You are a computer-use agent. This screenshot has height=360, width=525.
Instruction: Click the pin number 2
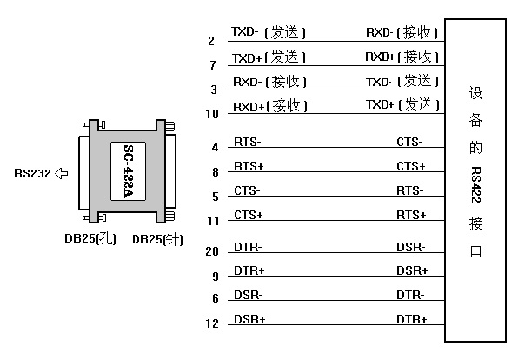pyautogui.click(x=211, y=41)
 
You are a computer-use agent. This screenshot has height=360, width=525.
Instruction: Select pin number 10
pyautogui.click(x=211, y=114)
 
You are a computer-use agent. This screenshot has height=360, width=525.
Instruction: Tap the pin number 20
pyautogui.click(x=212, y=252)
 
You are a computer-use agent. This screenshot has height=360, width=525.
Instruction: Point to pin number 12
pyautogui.click(x=212, y=324)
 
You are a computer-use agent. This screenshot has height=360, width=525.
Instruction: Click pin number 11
pyautogui.click(x=212, y=221)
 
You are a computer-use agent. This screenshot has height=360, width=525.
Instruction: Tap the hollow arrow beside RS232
pyautogui.click(x=61, y=173)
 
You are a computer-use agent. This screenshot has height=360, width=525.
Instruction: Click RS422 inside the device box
pyautogui.click(x=476, y=179)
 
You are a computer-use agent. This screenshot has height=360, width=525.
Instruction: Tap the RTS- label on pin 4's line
pyautogui.click(x=248, y=142)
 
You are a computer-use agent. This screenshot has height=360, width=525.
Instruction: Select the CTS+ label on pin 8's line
pyautogui.click(x=410, y=166)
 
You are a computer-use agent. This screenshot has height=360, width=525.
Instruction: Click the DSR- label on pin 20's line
pyautogui.click(x=410, y=248)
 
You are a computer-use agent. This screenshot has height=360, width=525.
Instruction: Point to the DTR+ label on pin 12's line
pyautogui.click(x=411, y=319)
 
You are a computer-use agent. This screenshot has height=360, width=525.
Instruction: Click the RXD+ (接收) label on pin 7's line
pyautogui.click(x=401, y=57)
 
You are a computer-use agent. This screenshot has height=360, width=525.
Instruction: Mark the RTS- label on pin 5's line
pyautogui.click(x=410, y=190)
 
